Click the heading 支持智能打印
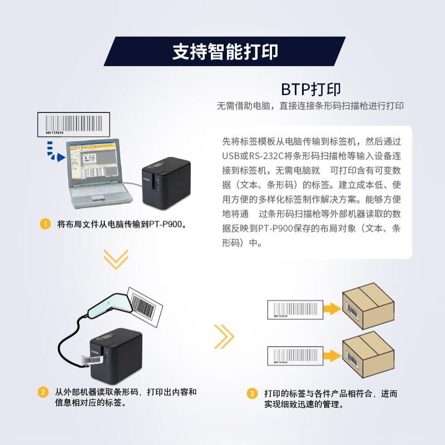pyautogui.click(x=225, y=52)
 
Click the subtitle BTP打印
pyautogui.click(x=310, y=89)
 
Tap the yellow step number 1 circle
pyautogui.click(x=44, y=225)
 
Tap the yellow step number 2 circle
pyautogui.click(x=43, y=392)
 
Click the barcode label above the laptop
pyautogui.click(x=71, y=123)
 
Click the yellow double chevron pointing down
pyautogui.click(x=116, y=259)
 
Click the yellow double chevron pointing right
pyautogui.click(x=223, y=335)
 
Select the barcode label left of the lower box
pyautogui.click(x=295, y=355)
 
